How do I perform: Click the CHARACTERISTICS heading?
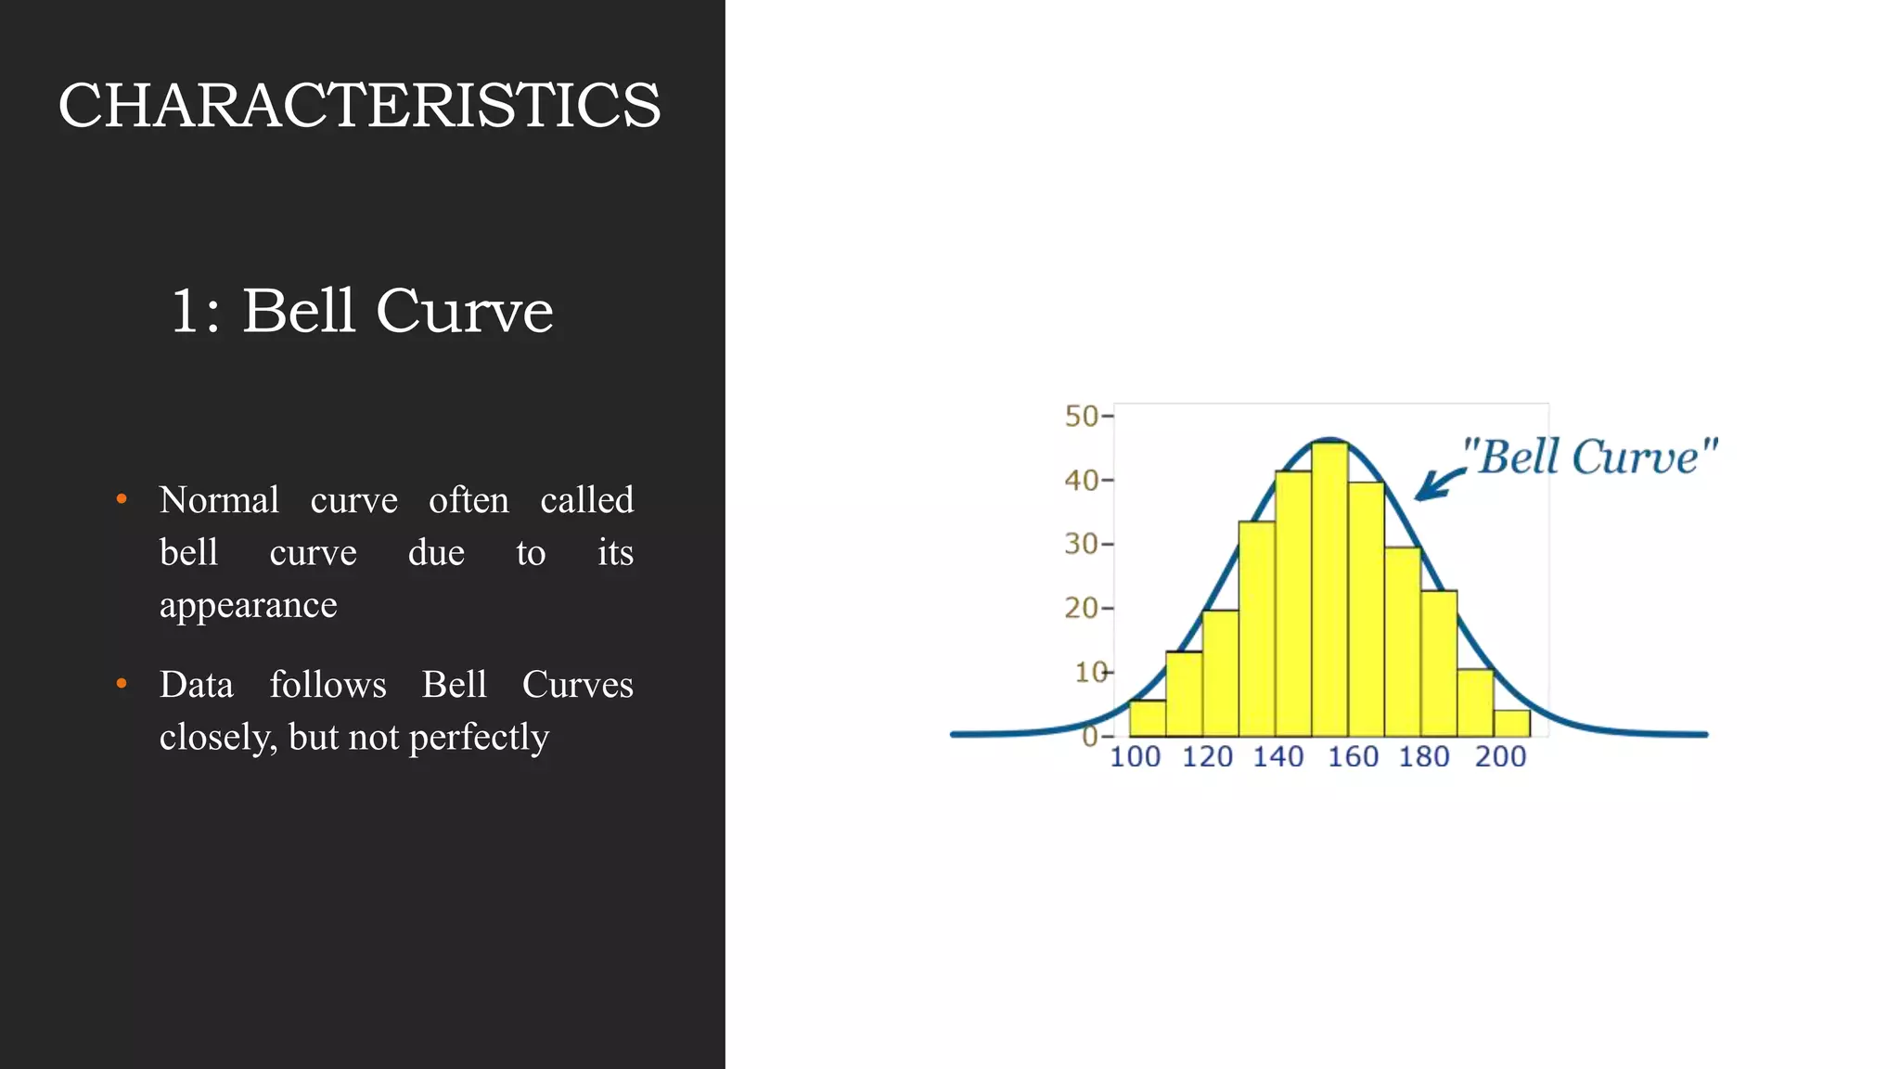(359, 105)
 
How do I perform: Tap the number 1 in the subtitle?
(185, 311)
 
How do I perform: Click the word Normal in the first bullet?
(219, 500)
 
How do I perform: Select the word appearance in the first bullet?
(248, 605)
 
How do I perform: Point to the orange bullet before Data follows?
(122, 684)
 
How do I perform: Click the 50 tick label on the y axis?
(1081, 416)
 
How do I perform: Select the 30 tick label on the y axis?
(1081, 543)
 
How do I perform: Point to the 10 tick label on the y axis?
(1090, 671)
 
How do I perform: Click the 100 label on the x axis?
(1135, 757)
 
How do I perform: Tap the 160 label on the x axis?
(1353, 757)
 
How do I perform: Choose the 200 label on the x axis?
(1500, 757)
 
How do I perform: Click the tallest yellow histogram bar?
(1329, 594)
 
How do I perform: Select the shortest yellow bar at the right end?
(1511, 723)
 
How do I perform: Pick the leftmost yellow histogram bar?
(1148, 718)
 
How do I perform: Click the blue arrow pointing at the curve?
(1438, 483)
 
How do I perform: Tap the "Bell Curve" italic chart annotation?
(1589, 457)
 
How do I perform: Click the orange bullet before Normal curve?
(122, 500)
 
